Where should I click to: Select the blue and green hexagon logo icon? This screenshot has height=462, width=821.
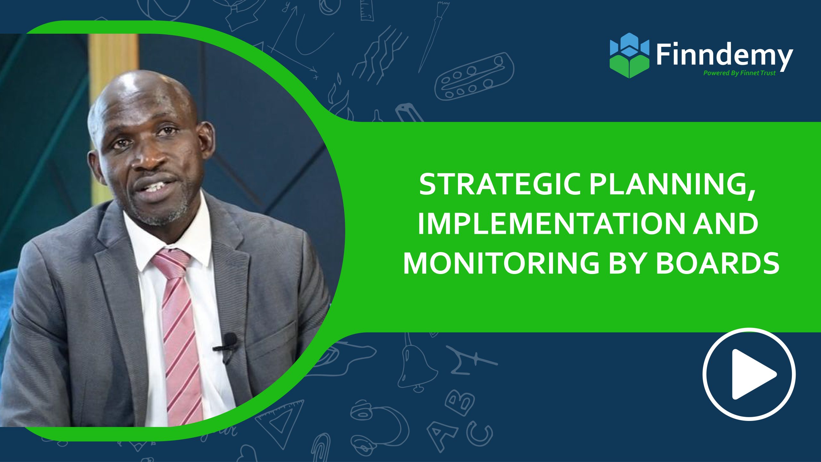coord(629,55)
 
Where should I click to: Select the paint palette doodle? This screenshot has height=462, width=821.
coord(474,76)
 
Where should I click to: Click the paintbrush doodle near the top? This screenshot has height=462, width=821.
coord(433,35)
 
